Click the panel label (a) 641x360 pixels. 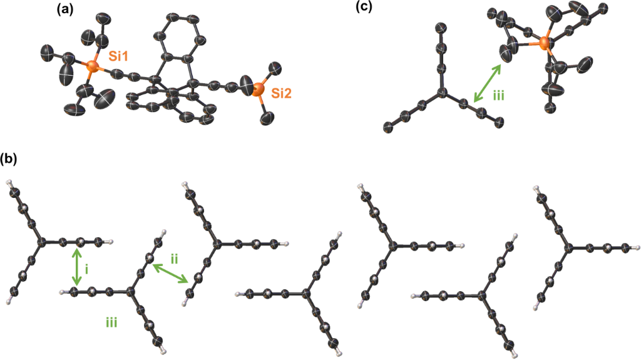click(x=63, y=9)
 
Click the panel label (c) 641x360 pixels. click(x=364, y=8)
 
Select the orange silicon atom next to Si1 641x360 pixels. click(x=93, y=65)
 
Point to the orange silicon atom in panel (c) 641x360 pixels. click(x=544, y=44)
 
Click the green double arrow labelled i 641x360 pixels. click(x=76, y=268)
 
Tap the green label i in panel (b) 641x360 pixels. click(x=88, y=269)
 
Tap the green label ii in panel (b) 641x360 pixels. click(x=175, y=258)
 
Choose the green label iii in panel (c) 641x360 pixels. click(x=498, y=96)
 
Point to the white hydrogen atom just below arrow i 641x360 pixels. click(x=62, y=292)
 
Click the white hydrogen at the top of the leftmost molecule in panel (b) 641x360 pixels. click(x=9, y=183)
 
